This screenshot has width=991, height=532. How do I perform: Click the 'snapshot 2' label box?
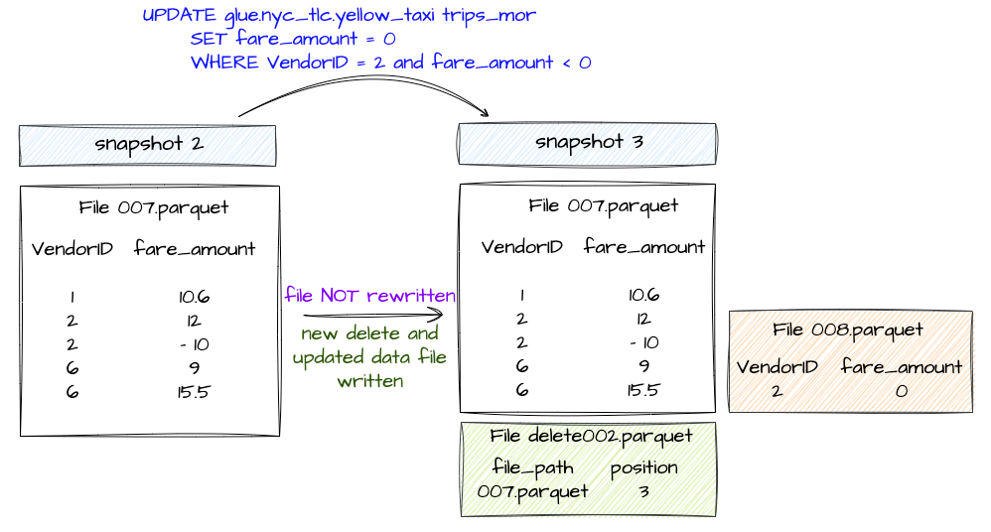coord(148,144)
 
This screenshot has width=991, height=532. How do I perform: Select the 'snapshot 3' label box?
coord(587,142)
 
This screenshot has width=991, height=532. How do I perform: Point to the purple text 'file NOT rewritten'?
coord(369,296)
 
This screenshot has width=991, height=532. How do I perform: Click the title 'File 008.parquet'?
coord(848,331)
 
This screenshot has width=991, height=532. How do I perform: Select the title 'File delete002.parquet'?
coord(590,437)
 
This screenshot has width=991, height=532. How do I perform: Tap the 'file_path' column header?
coord(532,467)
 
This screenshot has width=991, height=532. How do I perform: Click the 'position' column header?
coord(643,467)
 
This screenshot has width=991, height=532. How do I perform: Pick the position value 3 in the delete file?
coord(643,491)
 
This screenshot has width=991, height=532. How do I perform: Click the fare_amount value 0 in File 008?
coord(901,391)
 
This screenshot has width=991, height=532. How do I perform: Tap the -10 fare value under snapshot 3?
coord(642,342)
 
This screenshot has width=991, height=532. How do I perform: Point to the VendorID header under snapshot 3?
coord(521,247)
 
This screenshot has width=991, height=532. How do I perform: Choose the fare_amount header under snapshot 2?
coord(194,249)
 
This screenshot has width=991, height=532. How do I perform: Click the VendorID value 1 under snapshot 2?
coord(72,297)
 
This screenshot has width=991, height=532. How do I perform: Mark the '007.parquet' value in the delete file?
coord(532,491)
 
